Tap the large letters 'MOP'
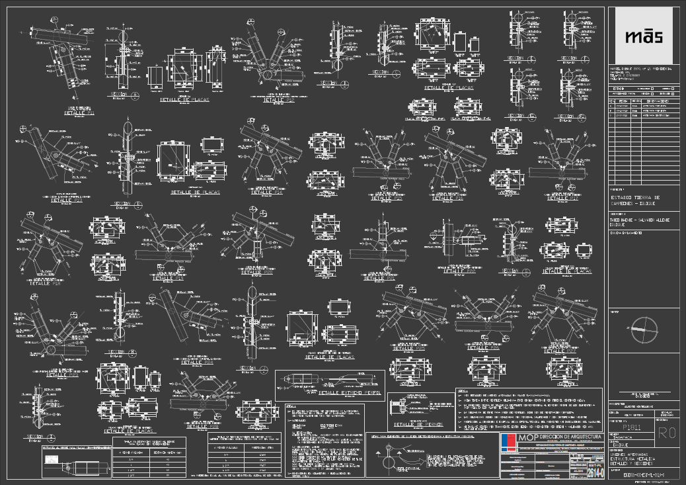pos(528,438)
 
